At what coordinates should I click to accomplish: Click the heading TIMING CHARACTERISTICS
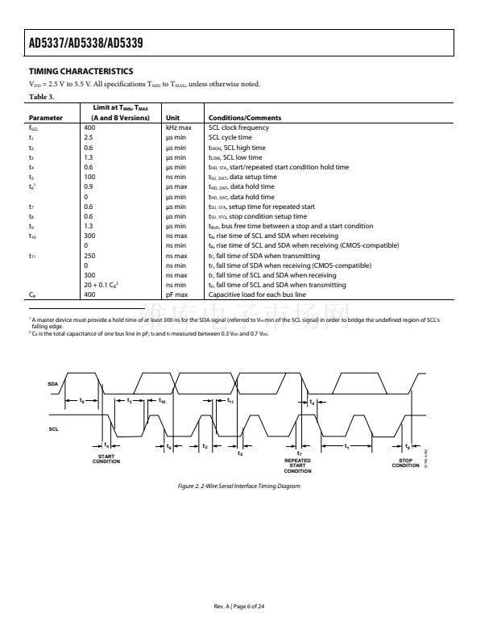(x=81, y=72)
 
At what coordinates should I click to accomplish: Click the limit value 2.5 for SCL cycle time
(x=89, y=138)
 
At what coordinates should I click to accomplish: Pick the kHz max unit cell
(x=179, y=127)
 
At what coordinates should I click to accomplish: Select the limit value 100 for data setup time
(x=89, y=177)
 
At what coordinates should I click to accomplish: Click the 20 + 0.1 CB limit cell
(x=104, y=285)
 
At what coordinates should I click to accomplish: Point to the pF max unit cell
(x=177, y=295)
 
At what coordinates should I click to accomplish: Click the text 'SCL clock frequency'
(x=238, y=127)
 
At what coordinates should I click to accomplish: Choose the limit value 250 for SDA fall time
(x=90, y=256)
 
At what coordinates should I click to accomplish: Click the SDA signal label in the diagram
(x=53, y=384)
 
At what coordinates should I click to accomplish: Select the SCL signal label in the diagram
(x=53, y=428)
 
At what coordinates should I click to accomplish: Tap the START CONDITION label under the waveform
(x=106, y=459)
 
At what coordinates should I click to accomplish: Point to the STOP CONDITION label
(x=405, y=463)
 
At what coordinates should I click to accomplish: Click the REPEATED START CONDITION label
(x=298, y=466)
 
